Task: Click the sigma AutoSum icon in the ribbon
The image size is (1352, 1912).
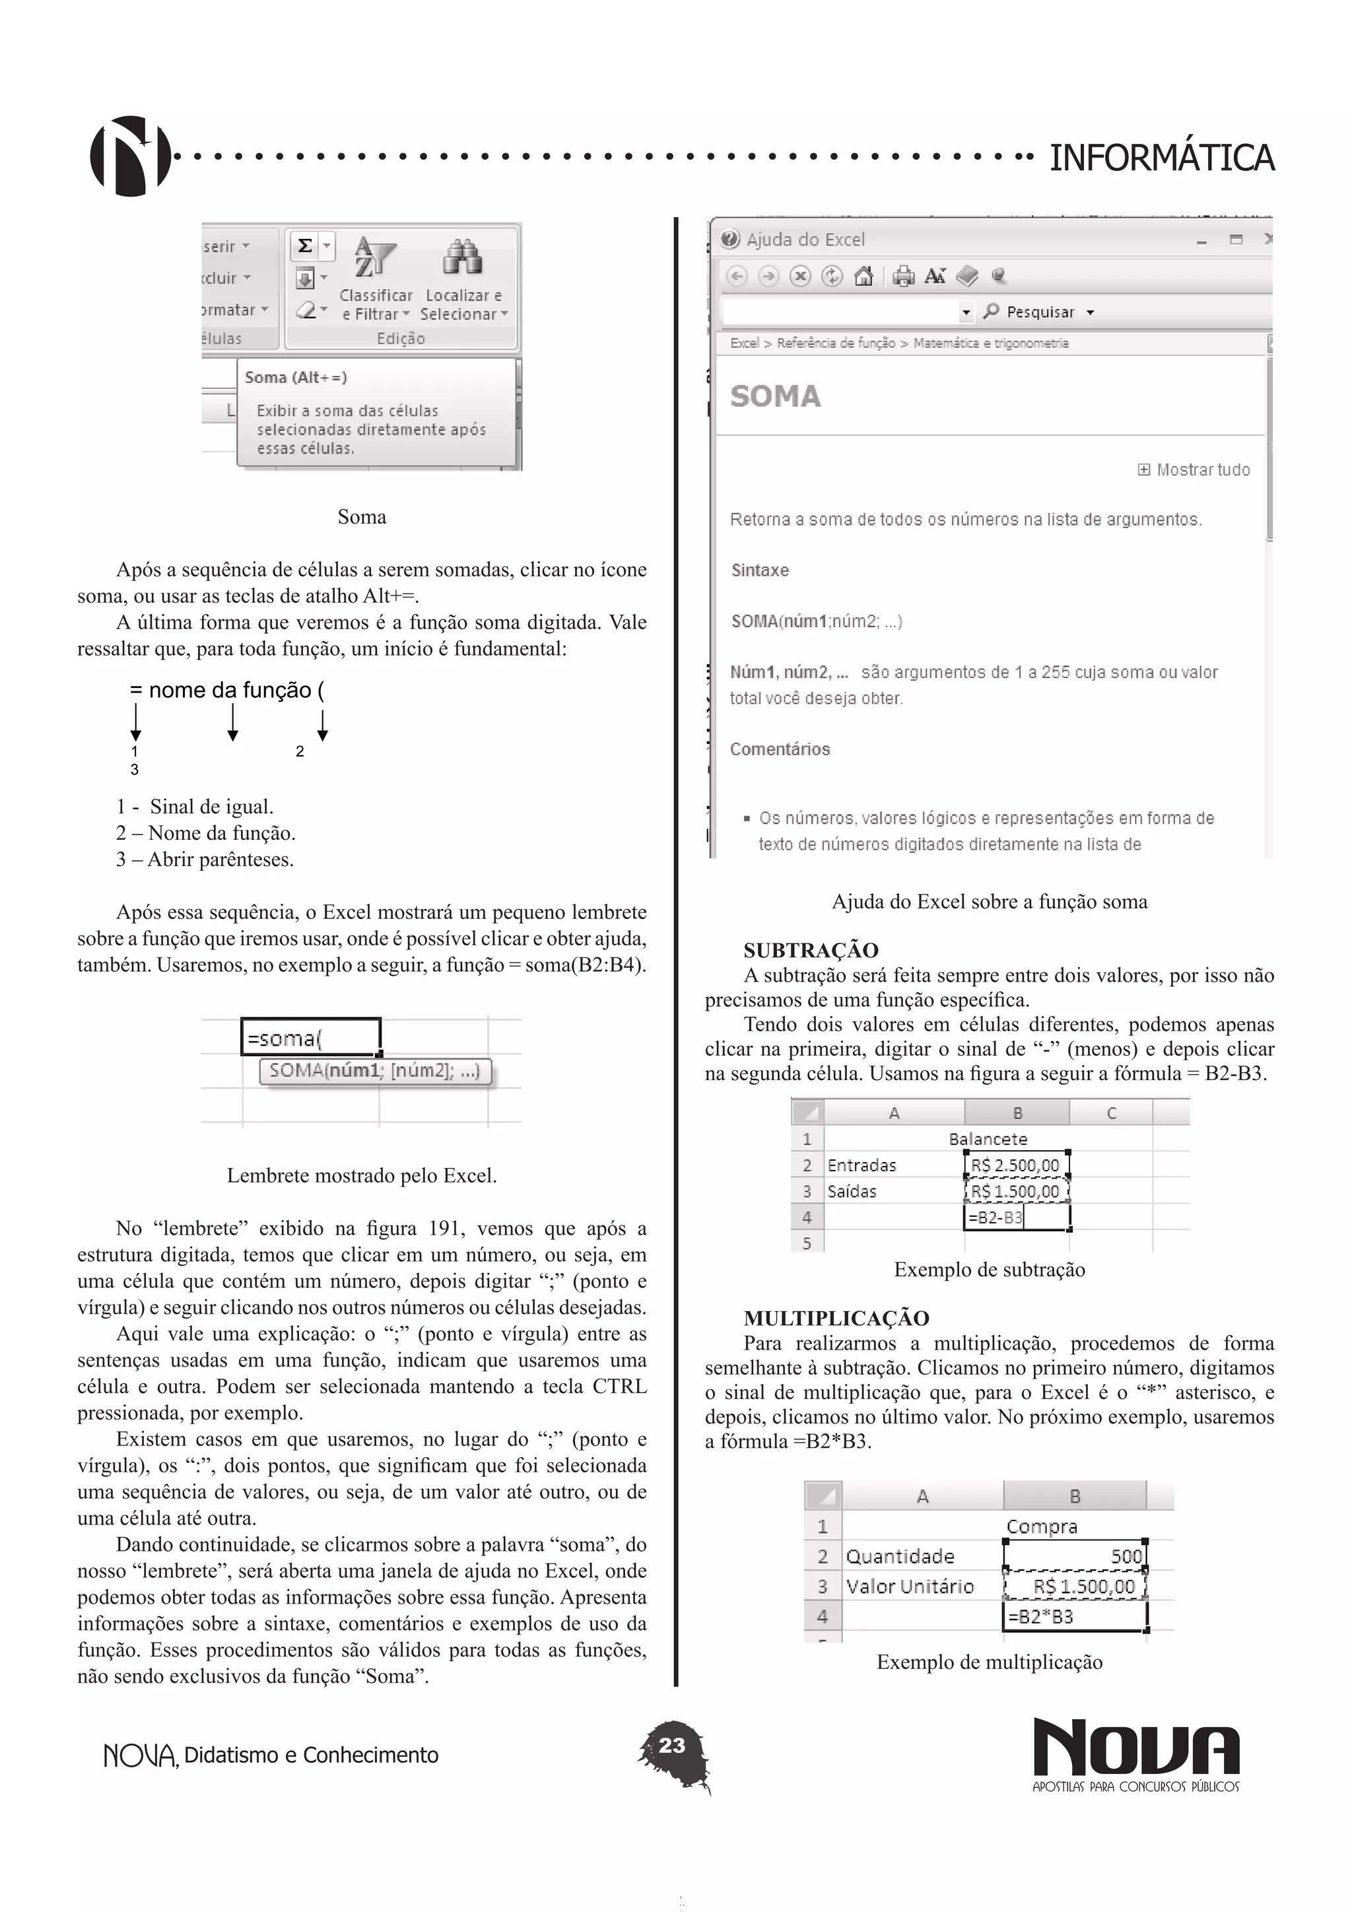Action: (x=306, y=246)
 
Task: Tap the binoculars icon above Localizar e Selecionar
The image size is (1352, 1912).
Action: (x=463, y=258)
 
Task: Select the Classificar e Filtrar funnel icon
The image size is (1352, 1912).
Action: (x=374, y=258)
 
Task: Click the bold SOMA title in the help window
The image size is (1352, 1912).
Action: (x=775, y=396)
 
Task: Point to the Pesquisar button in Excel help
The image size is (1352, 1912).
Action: (x=1039, y=312)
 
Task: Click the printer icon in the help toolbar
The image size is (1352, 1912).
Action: (x=903, y=277)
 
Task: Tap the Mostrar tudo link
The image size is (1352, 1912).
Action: (x=1195, y=469)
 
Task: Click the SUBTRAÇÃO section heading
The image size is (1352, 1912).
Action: (x=810, y=950)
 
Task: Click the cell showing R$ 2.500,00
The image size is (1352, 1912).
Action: (x=1016, y=1165)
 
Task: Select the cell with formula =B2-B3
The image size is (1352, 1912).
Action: (x=1016, y=1217)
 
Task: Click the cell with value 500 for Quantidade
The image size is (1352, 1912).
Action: (x=1075, y=1556)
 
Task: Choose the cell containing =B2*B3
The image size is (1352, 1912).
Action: (x=1075, y=1616)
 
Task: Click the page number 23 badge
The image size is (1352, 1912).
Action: (x=672, y=1746)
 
